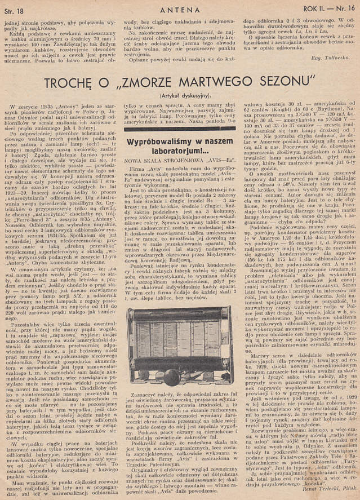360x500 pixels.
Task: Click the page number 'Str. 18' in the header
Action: [x=19, y=9]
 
